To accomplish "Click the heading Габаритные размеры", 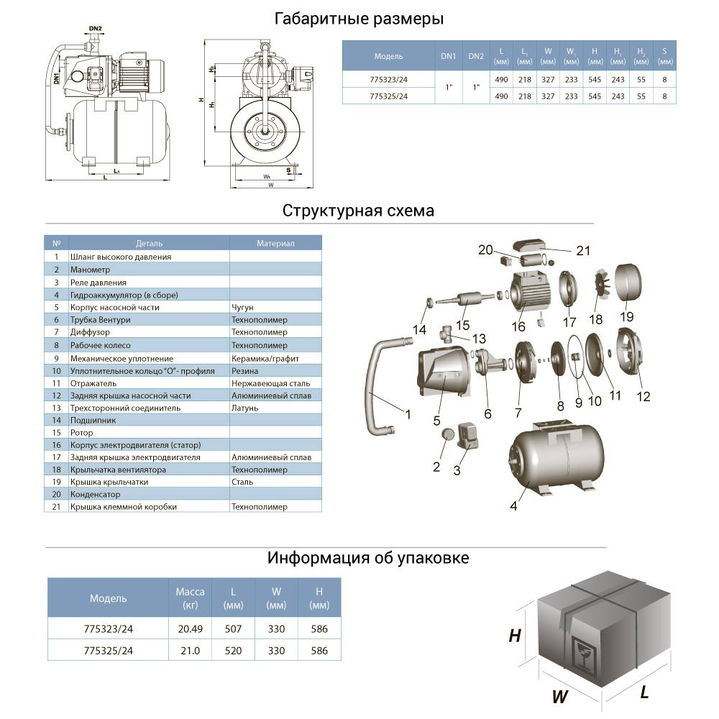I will pyautogui.click(x=359, y=19).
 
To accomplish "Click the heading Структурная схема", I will pyautogui.click(x=358, y=211).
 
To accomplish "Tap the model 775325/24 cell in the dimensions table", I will pyautogui.click(x=388, y=96).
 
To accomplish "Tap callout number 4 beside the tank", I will pyautogui.click(x=513, y=506).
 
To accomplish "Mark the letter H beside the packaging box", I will pyautogui.click(x=515, y=636).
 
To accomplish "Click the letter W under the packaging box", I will pyautogui.click(x=559, y=696).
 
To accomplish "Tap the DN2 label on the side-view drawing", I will pyautogui.click(x=96, y=29).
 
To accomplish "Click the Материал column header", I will pyautogui.click(x=275, y=244).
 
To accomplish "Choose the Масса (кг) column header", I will pyautogui.click(x=191, y=598).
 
